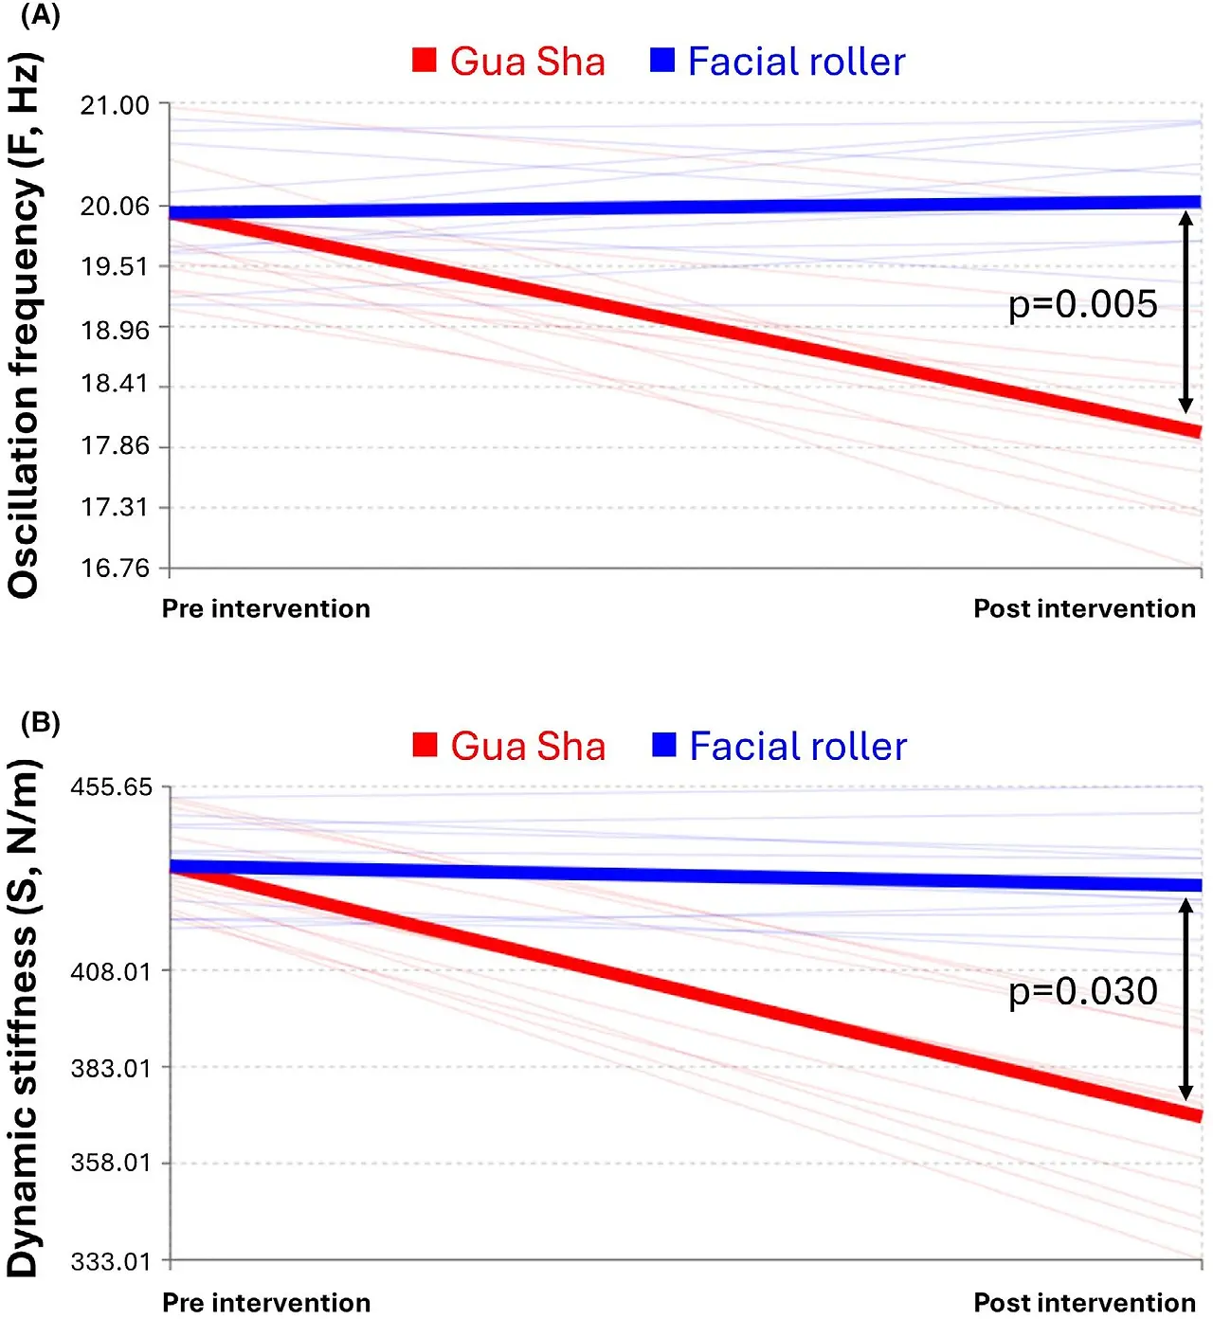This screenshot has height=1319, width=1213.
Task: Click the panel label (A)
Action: [40, 16]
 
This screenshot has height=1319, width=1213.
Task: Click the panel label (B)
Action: [40, 723]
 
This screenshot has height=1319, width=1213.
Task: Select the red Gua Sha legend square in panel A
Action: [425, 61]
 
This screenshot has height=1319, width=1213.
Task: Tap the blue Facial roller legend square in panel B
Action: [664, 745]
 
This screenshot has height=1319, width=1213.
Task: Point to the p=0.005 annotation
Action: [1082, 304]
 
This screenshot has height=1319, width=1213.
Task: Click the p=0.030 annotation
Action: [1082, 991]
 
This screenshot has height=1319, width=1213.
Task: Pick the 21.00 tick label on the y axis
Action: [115, 105]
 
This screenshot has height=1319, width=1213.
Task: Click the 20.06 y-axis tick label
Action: [115, 206]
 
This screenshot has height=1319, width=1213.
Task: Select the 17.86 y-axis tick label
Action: [115, 445]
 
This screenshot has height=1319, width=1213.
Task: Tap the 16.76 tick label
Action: [115, 568]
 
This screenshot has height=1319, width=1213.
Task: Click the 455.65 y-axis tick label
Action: [111, 787]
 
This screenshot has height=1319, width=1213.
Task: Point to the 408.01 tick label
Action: [111, 971]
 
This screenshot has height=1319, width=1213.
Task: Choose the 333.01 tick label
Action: [111, 1261]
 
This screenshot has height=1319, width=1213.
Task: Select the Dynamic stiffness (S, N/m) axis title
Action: [25, 1019]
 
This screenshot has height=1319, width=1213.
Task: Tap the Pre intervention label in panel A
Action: [266, 608]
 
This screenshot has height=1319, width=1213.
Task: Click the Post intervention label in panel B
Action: [1084, 1302]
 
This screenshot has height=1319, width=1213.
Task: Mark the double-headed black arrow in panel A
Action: [1186, 312]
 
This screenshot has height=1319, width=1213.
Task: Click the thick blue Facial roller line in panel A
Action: [682, 207]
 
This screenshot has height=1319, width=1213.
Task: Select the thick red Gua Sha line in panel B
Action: [682, 989]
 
